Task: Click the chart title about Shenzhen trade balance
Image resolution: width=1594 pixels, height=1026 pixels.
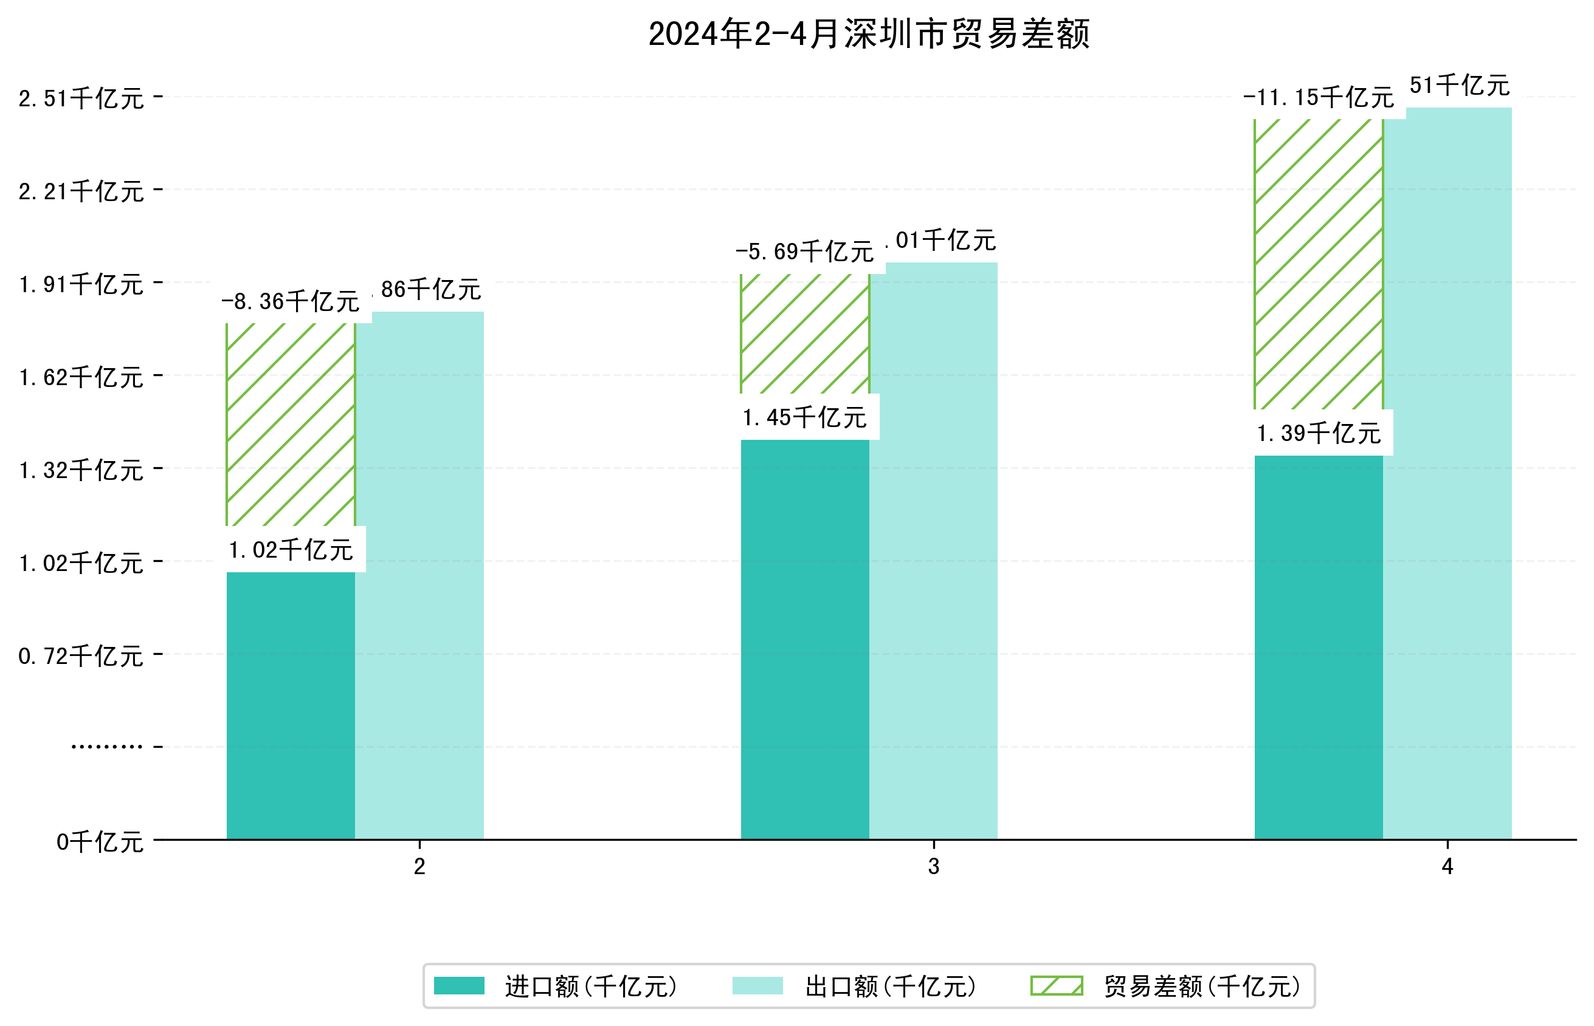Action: pyautogui.click(x=868, y=34)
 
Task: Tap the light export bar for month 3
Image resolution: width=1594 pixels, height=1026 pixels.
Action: pyautogui.click(x=933, y=553)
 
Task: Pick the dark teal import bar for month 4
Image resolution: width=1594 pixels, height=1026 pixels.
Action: pyautogui.click(x=1318, y=646)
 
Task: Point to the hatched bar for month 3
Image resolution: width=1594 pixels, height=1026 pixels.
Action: pyautogui.click(x=805, y=333)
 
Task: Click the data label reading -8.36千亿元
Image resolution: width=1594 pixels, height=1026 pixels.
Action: pyautogui.click(x=291, y=302)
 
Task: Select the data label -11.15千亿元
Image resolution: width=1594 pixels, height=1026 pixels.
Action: pyautogui.click(x=1318, y=98)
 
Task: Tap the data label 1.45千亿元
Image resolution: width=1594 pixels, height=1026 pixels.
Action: pyautogui.click(x=805, y=418)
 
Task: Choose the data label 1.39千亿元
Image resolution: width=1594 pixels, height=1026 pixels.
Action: pyautogui.click(x=1318, y=434)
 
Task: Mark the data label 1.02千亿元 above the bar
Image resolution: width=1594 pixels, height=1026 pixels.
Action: pyautogui.click(x=291, y=550)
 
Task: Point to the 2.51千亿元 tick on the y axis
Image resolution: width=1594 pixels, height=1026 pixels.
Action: pyautogui.click(x=81, y=98)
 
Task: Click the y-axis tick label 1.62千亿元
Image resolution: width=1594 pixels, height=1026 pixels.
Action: pyautogui.click(x=81, y=377)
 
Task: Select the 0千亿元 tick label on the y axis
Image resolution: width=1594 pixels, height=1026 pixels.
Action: pyautogui.click(x=100, y=842)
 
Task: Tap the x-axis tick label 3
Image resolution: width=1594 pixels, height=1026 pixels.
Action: pyautogui.click(x=933, y=866)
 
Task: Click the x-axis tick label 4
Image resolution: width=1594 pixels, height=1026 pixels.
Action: pyautogui.click(x=1447, y=866)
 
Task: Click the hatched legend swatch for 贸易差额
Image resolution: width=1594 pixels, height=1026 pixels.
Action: pyautogui.click(x=1056, y=986)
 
